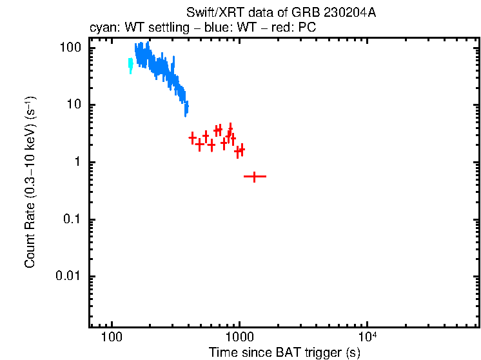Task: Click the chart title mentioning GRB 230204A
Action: pos(281,12)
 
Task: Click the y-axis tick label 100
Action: pos(70,48)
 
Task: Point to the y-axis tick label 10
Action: pos(74,105)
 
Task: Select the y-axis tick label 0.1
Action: pos(72,219)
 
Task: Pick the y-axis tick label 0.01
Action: pos(70,276)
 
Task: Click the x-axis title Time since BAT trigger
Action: pos(284,353)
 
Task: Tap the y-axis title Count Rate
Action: pos(30,182)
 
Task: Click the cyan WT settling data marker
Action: pos(130,65)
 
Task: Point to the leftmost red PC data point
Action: pos(192,137)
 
